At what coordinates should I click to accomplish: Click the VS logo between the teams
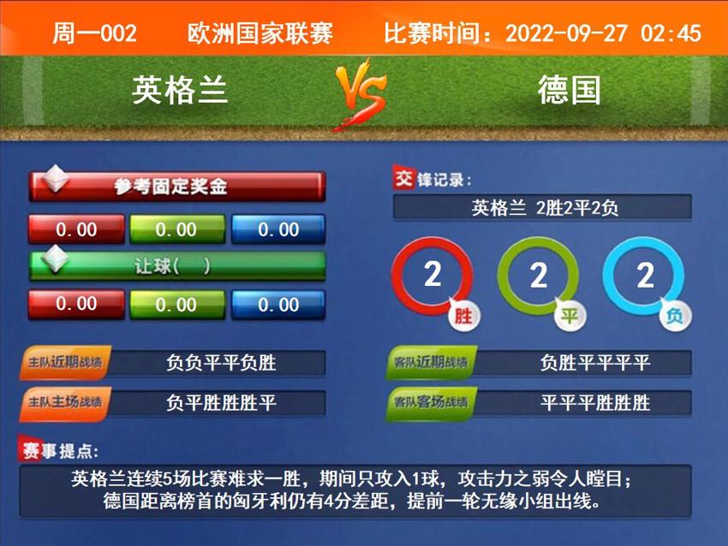pos(360,92)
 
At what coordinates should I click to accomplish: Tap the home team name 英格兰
pos(180,89)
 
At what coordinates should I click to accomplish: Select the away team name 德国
pos(569,89)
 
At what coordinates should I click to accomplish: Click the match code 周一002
pos(94,33)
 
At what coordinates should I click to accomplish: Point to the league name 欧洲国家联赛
pos(260,33)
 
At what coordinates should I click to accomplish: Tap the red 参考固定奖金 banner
pos(177,186)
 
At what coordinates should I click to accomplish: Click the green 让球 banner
pos(177,265)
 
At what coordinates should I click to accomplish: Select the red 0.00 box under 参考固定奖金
pos(76,229)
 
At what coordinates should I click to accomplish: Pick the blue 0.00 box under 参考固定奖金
pos(278,229)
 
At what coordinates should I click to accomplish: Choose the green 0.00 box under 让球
pos(176,305)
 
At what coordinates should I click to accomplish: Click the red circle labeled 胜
pos(433,276)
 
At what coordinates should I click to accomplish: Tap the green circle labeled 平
pos(539,276)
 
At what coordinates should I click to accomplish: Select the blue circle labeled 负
pos(645,276)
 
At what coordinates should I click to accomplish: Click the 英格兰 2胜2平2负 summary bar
pos(542,207)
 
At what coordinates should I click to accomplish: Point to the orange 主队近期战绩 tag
pos(64,363)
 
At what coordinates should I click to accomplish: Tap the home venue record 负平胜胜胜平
pos(221,402)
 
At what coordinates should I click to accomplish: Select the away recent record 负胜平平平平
pos(595,363)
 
